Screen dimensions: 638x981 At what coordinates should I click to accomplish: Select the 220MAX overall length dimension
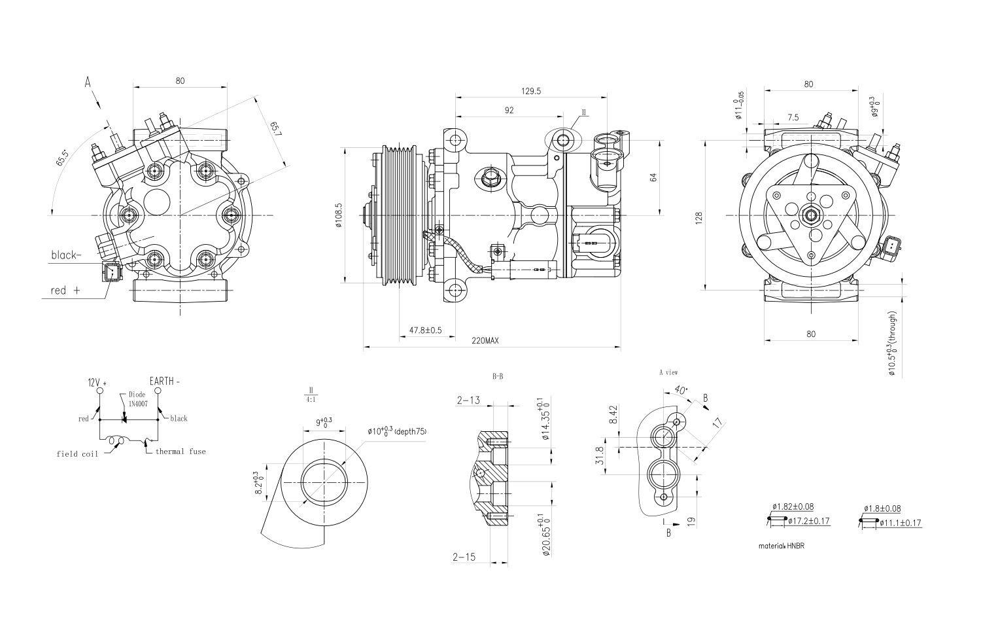point(485,341)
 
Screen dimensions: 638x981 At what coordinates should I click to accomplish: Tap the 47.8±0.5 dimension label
point(426,330)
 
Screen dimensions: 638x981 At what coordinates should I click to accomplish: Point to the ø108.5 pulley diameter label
point(338,215)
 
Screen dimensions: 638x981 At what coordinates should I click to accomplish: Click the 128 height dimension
point(698,217)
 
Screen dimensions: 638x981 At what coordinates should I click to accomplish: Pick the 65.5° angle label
point(62,157)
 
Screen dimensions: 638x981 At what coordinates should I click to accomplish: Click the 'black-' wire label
point(67,256)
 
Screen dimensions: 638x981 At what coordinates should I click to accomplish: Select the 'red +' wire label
point(65,290)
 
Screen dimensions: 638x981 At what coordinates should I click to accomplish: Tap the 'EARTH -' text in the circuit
point(164,381)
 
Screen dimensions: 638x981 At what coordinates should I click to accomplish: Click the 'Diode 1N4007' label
point(137,399)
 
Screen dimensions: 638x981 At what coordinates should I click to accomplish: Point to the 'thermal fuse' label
point(180,452)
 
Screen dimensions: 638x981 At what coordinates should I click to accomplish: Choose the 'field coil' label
point(77,453)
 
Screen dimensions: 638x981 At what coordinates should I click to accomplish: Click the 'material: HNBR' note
point(781,545)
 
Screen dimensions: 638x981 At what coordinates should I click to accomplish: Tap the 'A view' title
point(668,372)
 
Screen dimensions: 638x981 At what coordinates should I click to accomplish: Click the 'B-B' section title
point(498,376)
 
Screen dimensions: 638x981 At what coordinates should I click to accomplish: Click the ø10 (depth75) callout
point(396,431)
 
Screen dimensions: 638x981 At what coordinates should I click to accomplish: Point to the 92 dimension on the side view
point(509,111)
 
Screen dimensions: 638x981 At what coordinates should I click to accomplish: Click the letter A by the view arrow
point(88,82)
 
